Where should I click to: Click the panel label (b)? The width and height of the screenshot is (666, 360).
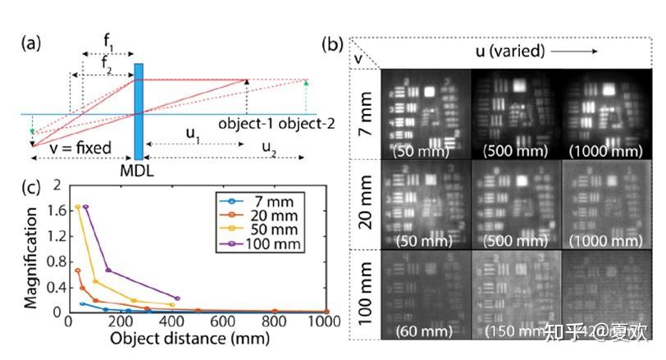point(334,43)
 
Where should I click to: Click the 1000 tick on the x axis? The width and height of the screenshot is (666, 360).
point(325,324)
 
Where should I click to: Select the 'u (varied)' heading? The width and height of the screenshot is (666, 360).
point(510,51)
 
